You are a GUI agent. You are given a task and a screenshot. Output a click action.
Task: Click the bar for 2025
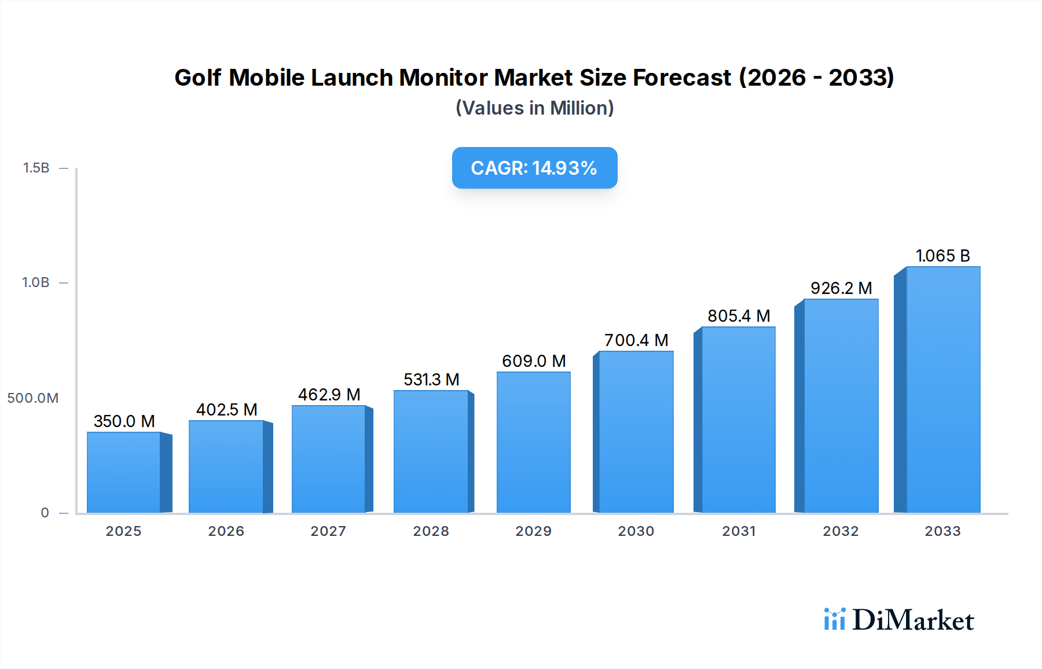(124, 472)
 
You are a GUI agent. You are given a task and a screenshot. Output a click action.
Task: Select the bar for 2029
(533, 442)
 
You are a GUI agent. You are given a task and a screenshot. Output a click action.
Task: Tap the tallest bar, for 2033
(943, 389)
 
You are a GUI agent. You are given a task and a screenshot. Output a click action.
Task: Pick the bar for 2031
(738, 420)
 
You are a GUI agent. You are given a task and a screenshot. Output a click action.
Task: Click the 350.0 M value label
(124, 421)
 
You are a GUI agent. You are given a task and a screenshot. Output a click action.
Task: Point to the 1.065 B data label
(942, 256)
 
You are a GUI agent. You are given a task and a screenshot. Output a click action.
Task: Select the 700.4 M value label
(636, 340)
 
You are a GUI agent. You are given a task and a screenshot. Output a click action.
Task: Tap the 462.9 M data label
(329, 395)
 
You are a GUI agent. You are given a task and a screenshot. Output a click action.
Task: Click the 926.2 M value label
(841, 288)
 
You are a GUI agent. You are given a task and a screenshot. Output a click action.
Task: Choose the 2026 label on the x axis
(226, 531)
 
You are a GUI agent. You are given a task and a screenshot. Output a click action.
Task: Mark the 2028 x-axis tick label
(431, 531)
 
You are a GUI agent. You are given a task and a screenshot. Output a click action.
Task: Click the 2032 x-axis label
(841, 531)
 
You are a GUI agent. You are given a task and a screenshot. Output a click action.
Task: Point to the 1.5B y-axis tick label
(36, 168)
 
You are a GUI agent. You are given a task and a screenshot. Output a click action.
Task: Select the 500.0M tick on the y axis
(33, 398)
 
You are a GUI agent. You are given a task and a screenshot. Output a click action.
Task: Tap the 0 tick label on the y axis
(45, 513)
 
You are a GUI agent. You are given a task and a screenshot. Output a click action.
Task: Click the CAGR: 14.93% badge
(534, 168)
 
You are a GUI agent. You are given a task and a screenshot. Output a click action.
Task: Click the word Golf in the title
(197, 78)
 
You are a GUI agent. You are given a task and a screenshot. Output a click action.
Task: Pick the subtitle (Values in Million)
(534, 108)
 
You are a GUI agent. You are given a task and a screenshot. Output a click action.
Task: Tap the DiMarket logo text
(913, 620)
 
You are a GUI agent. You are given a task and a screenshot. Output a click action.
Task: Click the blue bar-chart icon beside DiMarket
(834, 619)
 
